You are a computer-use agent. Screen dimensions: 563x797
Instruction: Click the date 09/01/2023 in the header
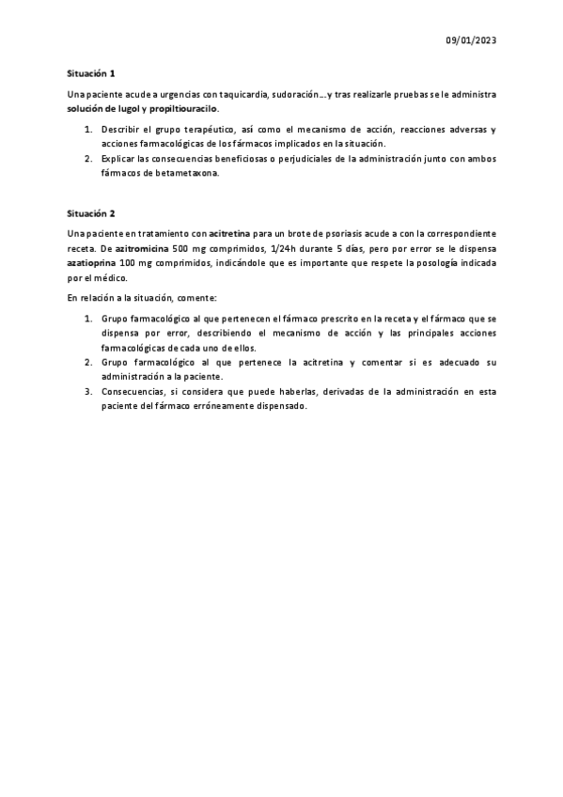pyautogui.click(x=470, y=40)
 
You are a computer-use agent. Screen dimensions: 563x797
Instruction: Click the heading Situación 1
pyautogui.click(x=90, y=72)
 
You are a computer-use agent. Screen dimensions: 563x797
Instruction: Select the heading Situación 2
pyautogui.click(x=90, y=213)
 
